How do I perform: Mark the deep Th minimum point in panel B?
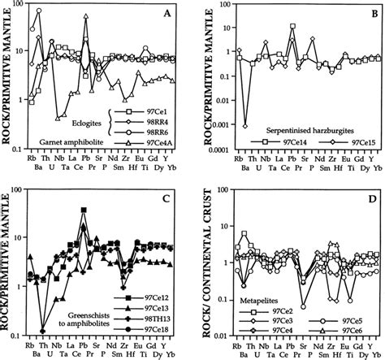tap(246, 125)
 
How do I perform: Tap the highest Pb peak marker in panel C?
tap(84, 209)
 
